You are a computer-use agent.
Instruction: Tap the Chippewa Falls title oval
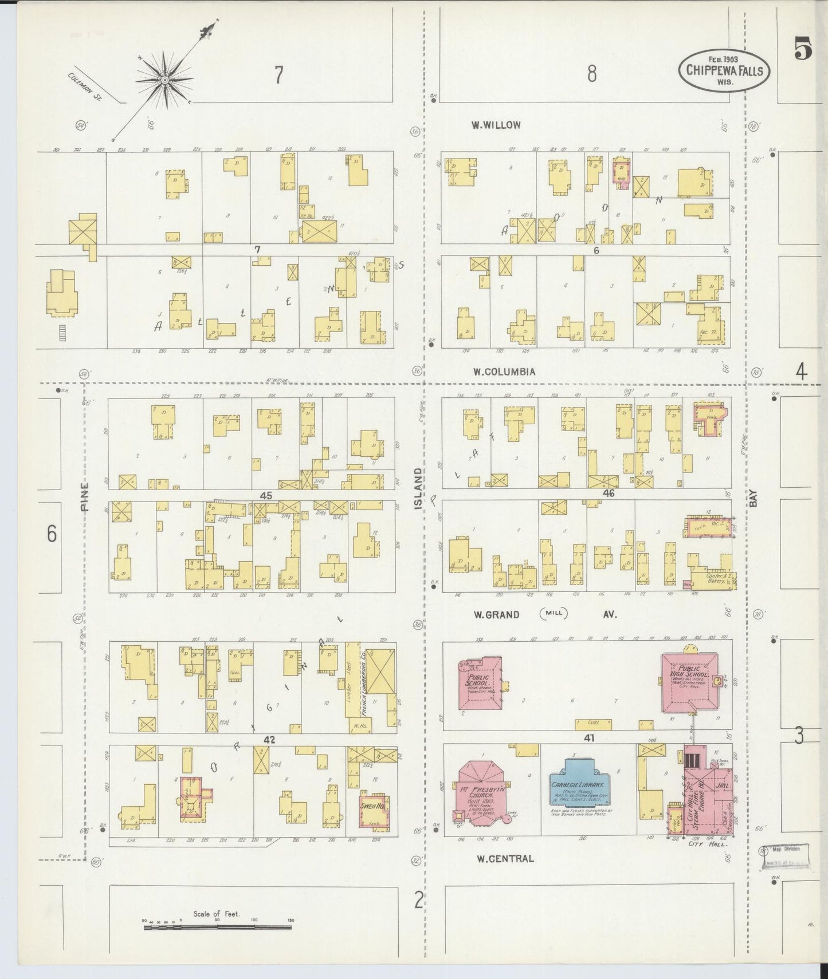pos(724,70)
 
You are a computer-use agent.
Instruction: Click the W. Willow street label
pos(496,125)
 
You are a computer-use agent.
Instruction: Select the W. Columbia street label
pos(504,372)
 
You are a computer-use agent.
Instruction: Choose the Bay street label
pos(754,498)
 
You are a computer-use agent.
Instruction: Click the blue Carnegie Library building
pos(580,788)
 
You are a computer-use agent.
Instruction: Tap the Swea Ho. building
pos(372,809)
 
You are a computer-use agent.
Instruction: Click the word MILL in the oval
pos(553,614)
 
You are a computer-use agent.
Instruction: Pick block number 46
pos(608,492)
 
